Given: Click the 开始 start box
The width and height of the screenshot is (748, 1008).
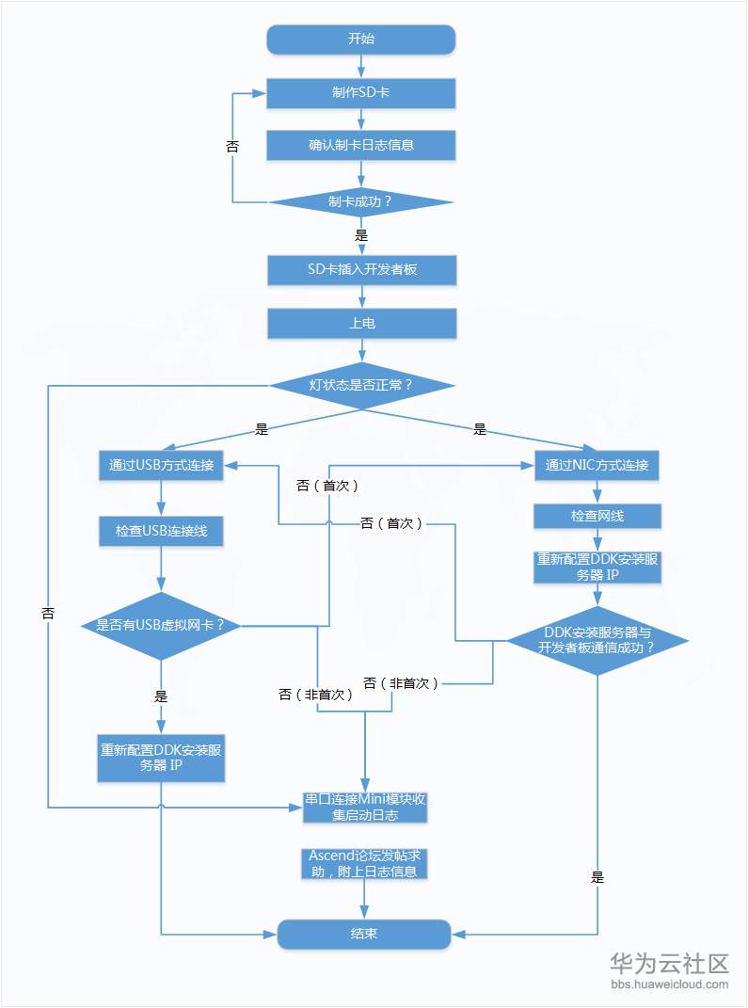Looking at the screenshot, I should [x=361, y=40].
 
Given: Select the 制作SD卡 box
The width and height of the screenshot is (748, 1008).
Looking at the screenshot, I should [x=361, y=93].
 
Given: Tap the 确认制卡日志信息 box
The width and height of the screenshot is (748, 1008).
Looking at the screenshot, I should [x=361, y=145].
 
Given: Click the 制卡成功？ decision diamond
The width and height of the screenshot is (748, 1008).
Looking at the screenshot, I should [x=361, y=201].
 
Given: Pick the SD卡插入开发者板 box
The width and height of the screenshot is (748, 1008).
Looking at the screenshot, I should [x=361, y=270].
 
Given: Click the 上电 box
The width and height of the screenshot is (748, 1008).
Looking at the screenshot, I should [x=361, y=323].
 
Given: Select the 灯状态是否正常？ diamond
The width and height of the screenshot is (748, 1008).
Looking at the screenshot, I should [x=361, y=385].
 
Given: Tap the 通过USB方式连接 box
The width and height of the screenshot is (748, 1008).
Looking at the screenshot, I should [x=161, y=465].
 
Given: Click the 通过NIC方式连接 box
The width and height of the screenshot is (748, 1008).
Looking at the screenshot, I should [x=597, y=465].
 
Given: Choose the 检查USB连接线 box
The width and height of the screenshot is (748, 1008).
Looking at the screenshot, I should [x=161, y=531].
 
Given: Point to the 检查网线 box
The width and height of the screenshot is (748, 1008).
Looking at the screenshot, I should [x=597, y=516].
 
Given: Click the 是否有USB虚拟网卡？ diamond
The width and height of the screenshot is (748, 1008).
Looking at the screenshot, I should [x=161, y=625].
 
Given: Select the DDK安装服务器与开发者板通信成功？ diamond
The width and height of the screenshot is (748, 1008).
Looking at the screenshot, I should [x=597, y=640].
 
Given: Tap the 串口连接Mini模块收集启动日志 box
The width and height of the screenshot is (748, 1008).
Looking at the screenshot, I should [x=366, y=807].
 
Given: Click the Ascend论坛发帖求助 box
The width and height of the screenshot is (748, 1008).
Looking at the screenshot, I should [x=366, y=863].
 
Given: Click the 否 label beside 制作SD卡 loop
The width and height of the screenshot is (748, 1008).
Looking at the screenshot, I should [x=232, y=147].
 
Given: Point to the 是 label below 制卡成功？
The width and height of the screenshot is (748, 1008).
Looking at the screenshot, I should [x=361, y=235].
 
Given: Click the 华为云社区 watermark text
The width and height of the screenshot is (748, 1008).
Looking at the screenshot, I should [x=669, y=963].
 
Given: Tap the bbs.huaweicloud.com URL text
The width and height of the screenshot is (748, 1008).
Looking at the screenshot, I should [x=669, y=984].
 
